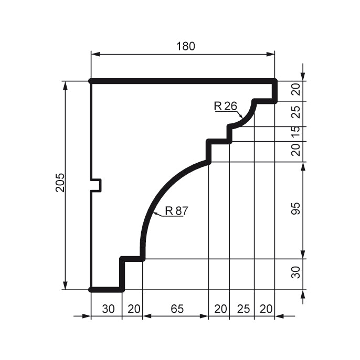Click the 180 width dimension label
[x=186, y=46]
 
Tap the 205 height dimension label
[x=61, y=183]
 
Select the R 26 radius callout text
[x=225, y=106]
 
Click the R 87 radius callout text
[x=176, y=211]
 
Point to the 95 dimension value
[x=296, y=208]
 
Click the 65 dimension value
[x=177, y=309]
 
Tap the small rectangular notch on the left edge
[x=96, y=185]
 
